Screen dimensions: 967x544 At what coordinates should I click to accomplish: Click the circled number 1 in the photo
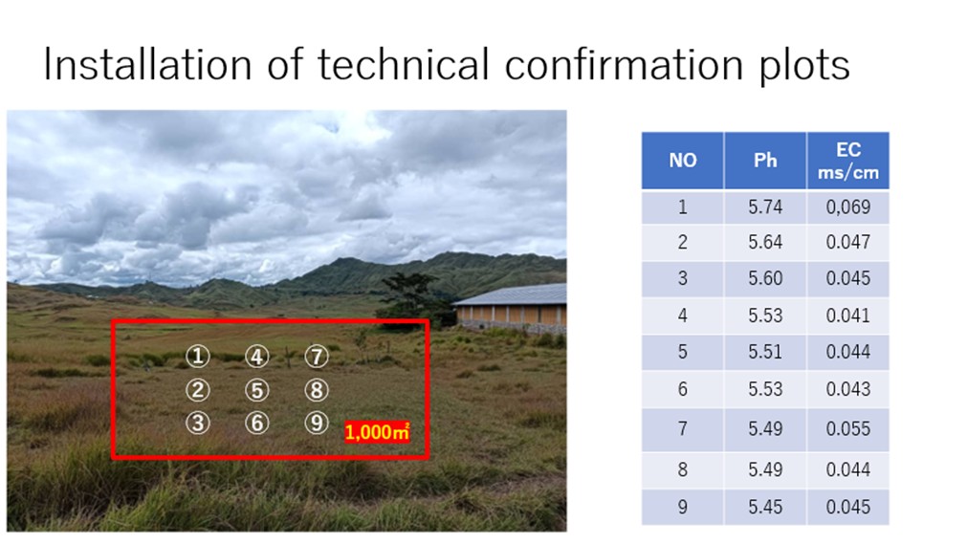197,356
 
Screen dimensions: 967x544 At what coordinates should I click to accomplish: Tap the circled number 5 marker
257,390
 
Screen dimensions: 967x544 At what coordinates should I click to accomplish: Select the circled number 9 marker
317,423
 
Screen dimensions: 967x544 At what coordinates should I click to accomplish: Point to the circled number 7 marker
317,356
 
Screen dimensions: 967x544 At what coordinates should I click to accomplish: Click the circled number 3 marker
197,423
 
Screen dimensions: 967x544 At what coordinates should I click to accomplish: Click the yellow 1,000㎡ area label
377,432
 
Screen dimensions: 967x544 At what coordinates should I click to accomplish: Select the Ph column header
765,161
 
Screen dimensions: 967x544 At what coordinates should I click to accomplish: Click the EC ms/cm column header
848,161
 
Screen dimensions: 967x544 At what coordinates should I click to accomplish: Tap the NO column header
683,161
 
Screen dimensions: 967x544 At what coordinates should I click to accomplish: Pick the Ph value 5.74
765,207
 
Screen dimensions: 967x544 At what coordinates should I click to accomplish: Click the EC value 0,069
848,207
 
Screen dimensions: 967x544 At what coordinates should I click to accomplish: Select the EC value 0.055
848,428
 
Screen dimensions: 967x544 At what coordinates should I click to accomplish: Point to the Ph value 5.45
765,507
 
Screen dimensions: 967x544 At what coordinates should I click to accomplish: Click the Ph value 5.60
765,278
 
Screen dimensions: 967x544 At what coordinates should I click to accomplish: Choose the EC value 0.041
848,316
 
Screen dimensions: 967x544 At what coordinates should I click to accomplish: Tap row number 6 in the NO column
683,389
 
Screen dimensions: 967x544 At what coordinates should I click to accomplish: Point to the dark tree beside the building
411,298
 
